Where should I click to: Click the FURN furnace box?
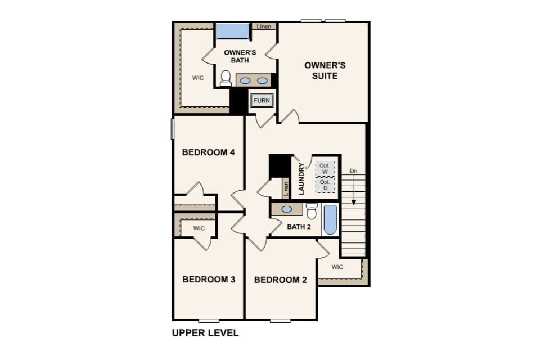pos(262,101)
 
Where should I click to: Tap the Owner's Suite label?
pos(325,71)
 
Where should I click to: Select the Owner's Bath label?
pos(240,56)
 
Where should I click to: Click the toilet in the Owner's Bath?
pos(226,78)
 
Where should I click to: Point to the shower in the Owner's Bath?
pos(232,31)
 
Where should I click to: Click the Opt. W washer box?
pos(325,169)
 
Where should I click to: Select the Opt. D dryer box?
pos(325,185)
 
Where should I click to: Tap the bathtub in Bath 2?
pos(330,220)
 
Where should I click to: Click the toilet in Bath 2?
pos(312,211)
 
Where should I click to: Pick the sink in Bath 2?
pos(286,209)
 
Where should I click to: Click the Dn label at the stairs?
pos(353,171)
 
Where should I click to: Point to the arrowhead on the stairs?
pos(353,202)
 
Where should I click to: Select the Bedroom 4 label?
pos(208,152)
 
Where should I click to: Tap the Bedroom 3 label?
pos(209,279)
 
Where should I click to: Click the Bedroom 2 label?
pos(280,280)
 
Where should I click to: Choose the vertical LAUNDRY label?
pos(301,179)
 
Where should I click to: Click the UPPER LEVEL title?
pos(205,333)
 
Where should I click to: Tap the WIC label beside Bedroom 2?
pos(337,267)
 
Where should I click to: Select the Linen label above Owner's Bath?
pos(264,26)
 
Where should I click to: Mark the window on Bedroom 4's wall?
pos(173,129)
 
